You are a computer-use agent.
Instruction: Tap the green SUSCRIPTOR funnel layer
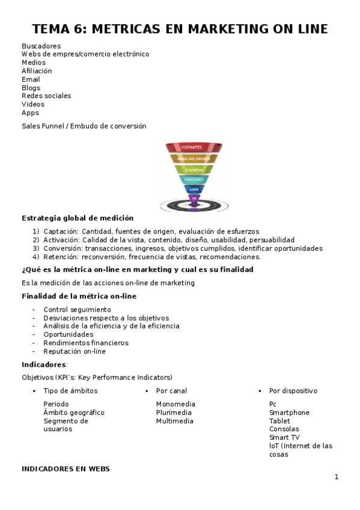(x=194, y=170)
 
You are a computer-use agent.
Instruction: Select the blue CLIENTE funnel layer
(x=194, y=189)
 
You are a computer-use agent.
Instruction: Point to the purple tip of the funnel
(x=194, y=198)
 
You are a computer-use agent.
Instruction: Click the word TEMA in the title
(x=52, y=29)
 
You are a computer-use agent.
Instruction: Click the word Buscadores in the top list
(x=41, y=46)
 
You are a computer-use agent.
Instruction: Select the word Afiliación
(x=37, y=71)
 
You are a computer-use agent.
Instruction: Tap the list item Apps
(x=30, y=112)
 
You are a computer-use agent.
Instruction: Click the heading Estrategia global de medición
(x=78, y=218)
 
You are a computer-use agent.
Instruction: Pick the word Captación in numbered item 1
(x=61, y=232)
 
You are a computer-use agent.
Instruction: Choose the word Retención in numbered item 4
(x=61, y=257)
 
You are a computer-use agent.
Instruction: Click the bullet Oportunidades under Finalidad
(x=69, y=334)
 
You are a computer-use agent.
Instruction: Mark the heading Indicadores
(x=44, y=364)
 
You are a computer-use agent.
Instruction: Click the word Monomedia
(x=175, y=404)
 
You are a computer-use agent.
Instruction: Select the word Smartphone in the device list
(x=289, y=413)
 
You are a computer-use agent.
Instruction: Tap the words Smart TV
(x=284, y=437)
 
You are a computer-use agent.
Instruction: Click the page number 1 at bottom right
(x=337, y=477)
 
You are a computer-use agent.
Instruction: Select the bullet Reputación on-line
(x=75, y=351)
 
